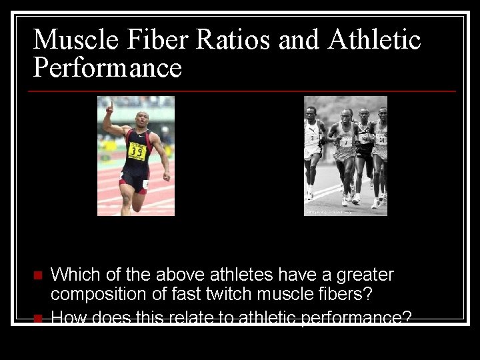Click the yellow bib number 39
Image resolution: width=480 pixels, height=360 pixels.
coord(137,152)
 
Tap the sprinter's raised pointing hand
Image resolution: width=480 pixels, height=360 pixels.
coord(109,107)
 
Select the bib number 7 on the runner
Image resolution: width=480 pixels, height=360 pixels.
coord(345,143)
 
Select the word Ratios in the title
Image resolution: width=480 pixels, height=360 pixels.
coord(233,39)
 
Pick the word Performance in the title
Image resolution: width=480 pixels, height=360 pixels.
coord(107,68)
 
